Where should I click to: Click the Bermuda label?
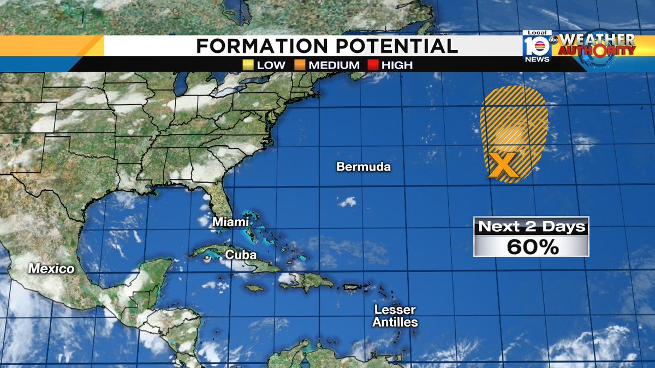coord(364,167)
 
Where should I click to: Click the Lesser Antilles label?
coord(395,316)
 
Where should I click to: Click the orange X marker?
coord(503,166)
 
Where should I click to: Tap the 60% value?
coord(532,247)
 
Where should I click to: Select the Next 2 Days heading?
coord(532,226)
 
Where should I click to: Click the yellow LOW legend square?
coord(248,65)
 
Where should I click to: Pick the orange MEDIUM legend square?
coord(300,65)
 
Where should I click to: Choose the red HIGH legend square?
coord(373,65)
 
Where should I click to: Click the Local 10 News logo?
coord(537,46)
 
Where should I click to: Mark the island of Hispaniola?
coord(309,281)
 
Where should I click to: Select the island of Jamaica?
coord(255,288)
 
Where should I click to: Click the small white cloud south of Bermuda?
coord(347,202)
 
